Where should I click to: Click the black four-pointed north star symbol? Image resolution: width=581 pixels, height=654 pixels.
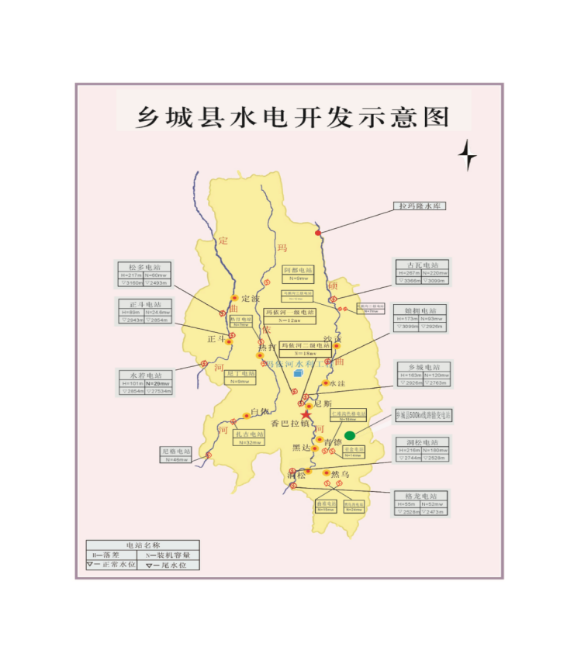[x=467, y=155]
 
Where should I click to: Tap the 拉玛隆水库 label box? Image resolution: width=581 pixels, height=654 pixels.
[x=422, y=206]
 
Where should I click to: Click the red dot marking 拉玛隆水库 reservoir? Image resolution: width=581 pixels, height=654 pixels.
[x=317, y=233]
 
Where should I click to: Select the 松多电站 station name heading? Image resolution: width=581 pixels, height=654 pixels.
[x=144, y=266]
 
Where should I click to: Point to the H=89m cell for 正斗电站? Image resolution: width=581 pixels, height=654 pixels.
[x=132, y=312]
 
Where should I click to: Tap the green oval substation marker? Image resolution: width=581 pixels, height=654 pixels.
[x=351, y=435]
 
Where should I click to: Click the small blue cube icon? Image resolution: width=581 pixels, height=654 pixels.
[x=299, y=374]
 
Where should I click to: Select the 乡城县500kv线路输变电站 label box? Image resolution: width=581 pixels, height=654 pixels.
[x=424, y=416]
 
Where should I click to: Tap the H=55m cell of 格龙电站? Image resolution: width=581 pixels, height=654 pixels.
[x=409, y=504]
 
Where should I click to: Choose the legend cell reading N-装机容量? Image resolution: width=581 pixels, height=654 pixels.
[x=169, y=555]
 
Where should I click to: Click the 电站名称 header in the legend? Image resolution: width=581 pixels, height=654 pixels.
[x=143, y=545]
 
